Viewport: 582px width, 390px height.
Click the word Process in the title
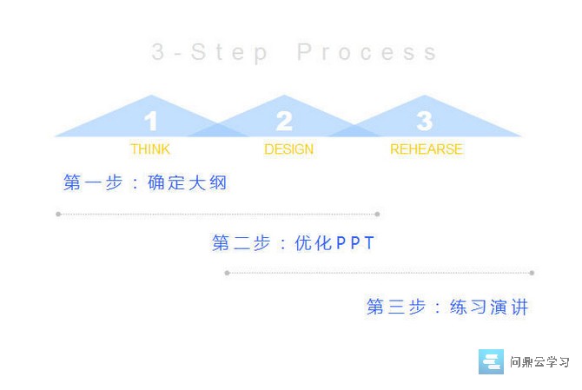click(367, 52)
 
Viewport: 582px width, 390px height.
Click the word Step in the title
click(229, 53)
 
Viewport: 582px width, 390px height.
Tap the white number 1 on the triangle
click(150, 121)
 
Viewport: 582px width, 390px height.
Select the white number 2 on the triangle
click(284, 121)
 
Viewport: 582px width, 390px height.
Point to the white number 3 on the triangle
click(425, 121)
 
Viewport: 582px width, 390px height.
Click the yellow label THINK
click(150, 149)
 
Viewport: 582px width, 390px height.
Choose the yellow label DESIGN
click(288, 149)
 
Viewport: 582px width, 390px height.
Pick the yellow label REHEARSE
click(427, 149)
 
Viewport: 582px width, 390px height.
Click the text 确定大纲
click(187, 182)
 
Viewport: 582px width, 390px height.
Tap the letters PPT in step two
click(355, 243)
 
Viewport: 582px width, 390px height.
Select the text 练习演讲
click(489, 307)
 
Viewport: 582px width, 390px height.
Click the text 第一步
click(93, 182)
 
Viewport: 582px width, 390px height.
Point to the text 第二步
click(241, 243)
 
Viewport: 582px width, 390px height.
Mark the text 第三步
click(396, 307)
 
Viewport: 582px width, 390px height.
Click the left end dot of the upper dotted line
click(58, 215)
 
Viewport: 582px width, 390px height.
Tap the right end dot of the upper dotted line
click(378, 215)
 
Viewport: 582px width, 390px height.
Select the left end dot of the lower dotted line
click(228, 273)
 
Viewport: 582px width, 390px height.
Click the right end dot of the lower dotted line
click(532, 273)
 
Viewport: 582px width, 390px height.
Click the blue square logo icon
click(491, 361)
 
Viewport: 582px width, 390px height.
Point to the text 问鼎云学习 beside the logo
click(539, 362)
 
